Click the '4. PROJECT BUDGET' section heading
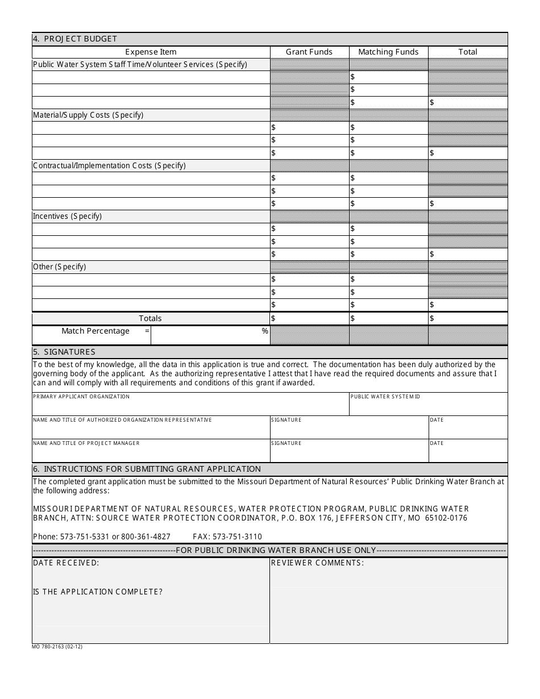click(75, 39)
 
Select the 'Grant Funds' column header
click(309, 52)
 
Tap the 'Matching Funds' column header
click(388, 52)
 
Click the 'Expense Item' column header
click(151, 52)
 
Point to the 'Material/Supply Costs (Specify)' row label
click(88, 115)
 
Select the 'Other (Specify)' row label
click(59, 267)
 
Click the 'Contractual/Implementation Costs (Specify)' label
click(109, 165)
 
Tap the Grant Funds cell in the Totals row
click(309, 318)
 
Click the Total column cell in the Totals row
click(468, 318)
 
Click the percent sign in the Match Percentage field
click(265, 331)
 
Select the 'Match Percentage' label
click(95, 331)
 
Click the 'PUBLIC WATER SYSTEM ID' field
click(428, 404)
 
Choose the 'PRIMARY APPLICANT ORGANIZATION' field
click(190, 404)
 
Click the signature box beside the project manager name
click(349, 451)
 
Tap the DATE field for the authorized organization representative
click(468, 427)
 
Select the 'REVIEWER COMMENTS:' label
click(317, 563)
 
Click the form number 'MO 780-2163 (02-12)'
click(57, 647)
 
